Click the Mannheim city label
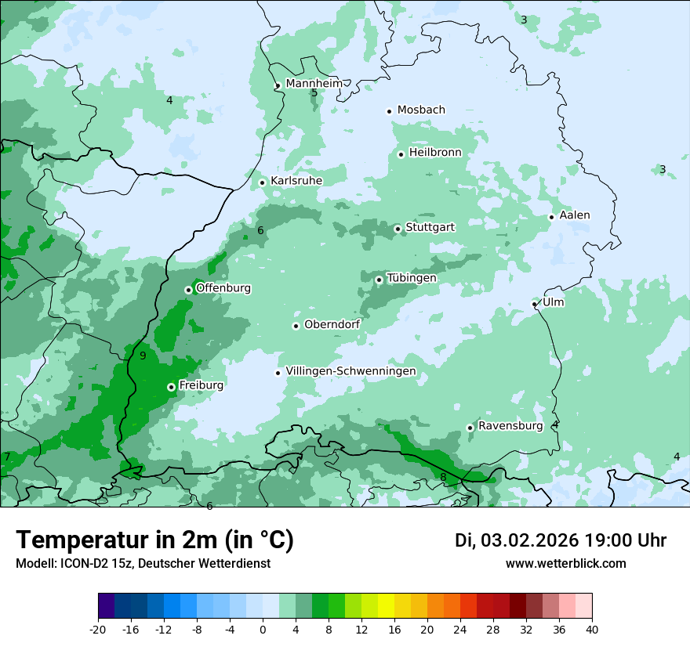[x=314, y=83]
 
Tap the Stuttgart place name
[x=430, y=227]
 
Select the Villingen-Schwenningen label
[x=350, y=370]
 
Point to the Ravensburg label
[x=510, y=425]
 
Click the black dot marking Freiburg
[x=171, y=387]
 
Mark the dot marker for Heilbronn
[x=401, y=154]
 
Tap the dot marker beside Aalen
[x=551, y=217]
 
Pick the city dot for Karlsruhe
[x=263, y=182]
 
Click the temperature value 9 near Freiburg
[x=143, y=356]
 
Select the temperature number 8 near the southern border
[x=443, y=477]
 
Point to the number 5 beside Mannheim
[x=314, y=93]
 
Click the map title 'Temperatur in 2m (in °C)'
[x=155, y=540]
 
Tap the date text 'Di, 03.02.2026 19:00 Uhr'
[x=561, y=540]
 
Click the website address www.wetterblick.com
[x=565, y=563]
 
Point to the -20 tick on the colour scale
[x=98, y=629]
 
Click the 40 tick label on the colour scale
[x=592, y=629]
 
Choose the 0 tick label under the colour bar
[x=263, y=629]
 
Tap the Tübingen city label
[x=412, y=278]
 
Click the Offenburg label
[x=223, y=287]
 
